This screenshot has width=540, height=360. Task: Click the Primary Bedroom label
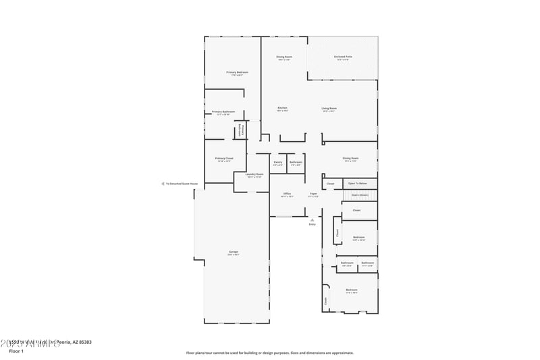click(x=237, y=72)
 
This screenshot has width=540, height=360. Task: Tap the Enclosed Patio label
click(x=343, y=57)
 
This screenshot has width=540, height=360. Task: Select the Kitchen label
click(x=282, y=108)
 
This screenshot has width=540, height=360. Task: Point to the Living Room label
click(x=329, y=108)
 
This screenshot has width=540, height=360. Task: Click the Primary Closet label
click(x=223, y=158)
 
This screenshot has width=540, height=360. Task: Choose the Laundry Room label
click(x=254, y=174)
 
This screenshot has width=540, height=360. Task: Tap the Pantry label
click(x=277, y=162)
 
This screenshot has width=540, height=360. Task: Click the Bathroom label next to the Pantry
click(x=296, y=162)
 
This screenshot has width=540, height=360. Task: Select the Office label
click(x=287, y=194)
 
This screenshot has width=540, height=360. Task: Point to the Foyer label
click(x=313, y=194)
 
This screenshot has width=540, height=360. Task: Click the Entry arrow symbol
click(x=312, y=220)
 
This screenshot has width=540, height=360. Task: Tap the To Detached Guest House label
click(x=182, y=184)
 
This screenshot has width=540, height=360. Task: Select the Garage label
click(x=233, y=252)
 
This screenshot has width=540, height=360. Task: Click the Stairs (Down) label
click(x=359, y=195)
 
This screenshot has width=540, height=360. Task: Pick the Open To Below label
click(x=358, y=183)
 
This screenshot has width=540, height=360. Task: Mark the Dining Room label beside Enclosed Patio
click(x=283, y=57)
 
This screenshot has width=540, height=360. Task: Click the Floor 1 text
click(x=16, y=351)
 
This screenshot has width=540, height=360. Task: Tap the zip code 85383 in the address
click(x=84, y=342)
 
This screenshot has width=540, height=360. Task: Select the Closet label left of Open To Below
click(x=330, y=184)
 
